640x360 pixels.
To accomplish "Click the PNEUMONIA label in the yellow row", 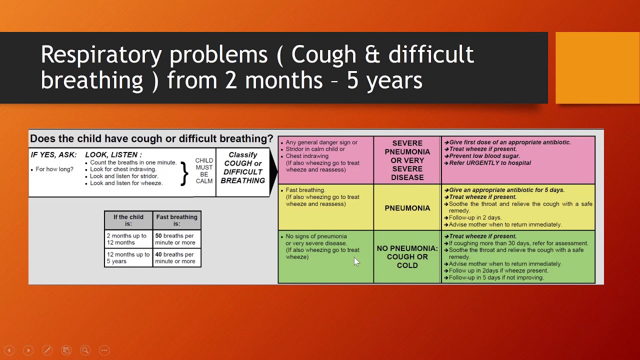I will pyautogui.click(x=407, y=208).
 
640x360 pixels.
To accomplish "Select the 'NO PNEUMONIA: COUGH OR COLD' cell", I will pyautogui.click(x=407, y=257).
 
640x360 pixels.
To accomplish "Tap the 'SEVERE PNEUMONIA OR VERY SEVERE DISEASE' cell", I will pyautogui.click(x=407, y=160).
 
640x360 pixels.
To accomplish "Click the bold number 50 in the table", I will pyautogui.click(x=159, y=236).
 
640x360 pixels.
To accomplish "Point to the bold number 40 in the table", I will pyautogui.click(x=159, y=254).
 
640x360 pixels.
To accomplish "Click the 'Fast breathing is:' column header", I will pyautogui.click(x=176, y=220).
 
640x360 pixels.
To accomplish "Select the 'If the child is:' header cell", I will pyautogui.click(x=128, y=220).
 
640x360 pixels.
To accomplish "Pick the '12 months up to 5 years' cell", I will pyautogui.click(x=128, y=258).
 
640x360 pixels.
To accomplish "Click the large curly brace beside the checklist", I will pyautogui.click(x=184, y=173).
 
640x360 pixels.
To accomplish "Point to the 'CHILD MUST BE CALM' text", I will pyautogui.click(x=204, y=170).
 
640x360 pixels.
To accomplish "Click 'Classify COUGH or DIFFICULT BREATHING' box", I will pyautogui.click(x=242, y=168).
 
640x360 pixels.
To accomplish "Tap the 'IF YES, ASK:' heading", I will pyautogui.click(x=54, y=155).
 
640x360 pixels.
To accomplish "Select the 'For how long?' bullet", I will pyautogui.click(x=54, y=169).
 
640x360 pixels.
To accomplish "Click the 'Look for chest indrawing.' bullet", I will pyautogui.click(x=123, y=169).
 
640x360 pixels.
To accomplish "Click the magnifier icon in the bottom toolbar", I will pyautogui.click(x=85, y=350).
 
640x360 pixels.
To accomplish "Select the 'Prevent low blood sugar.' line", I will pyautogui.click(x=484, y=156).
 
